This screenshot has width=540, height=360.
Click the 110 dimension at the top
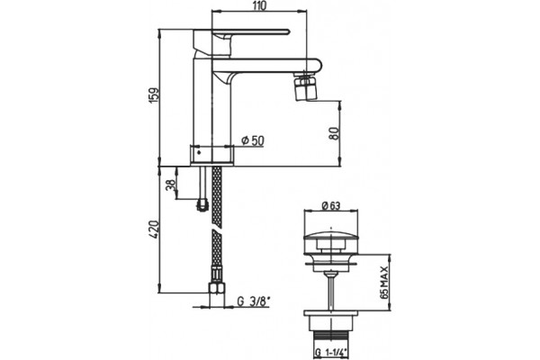[260, 6]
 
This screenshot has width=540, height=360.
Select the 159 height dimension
[156, 94]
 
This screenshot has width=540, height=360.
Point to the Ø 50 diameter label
[253, 140]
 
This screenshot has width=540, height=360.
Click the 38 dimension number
[171, 184]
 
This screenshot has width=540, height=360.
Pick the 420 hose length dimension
[155, 229]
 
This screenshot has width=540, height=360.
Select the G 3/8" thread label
[253, 301]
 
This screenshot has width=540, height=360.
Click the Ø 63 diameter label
[331, 206]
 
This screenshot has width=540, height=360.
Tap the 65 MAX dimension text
[384, 282]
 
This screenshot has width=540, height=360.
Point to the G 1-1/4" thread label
[331, 353]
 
